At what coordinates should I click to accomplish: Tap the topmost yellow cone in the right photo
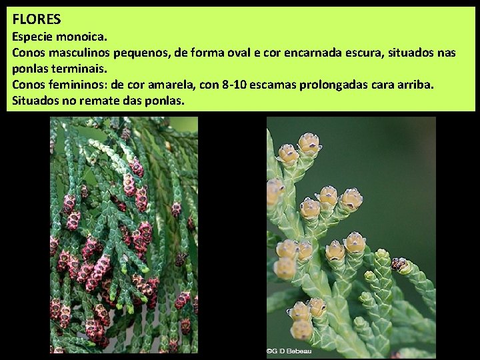[x=309, y=143]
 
